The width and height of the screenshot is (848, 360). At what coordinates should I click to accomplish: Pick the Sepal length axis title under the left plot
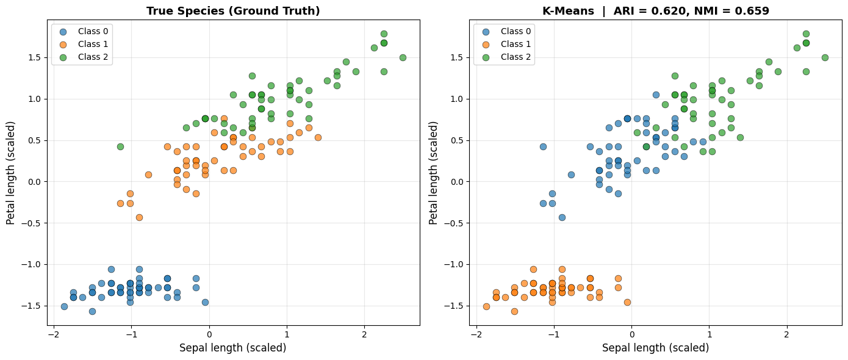[232, 348]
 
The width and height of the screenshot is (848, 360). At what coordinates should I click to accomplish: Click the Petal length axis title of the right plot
[434, 173]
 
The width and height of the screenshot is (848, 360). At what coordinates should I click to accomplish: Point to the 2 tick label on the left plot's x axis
[364, 334]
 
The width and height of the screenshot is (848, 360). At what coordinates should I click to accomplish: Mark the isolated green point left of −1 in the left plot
[120, 146]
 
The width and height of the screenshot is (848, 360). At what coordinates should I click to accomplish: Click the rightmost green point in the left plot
[403, 57]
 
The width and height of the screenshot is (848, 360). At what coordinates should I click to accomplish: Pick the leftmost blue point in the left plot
[64, 306]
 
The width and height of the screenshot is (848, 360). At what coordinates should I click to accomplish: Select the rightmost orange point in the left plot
[318, 137]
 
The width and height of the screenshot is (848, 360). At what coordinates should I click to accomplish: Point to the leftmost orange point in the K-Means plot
[486, 306]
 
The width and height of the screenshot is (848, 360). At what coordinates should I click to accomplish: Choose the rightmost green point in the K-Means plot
[825, 57]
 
